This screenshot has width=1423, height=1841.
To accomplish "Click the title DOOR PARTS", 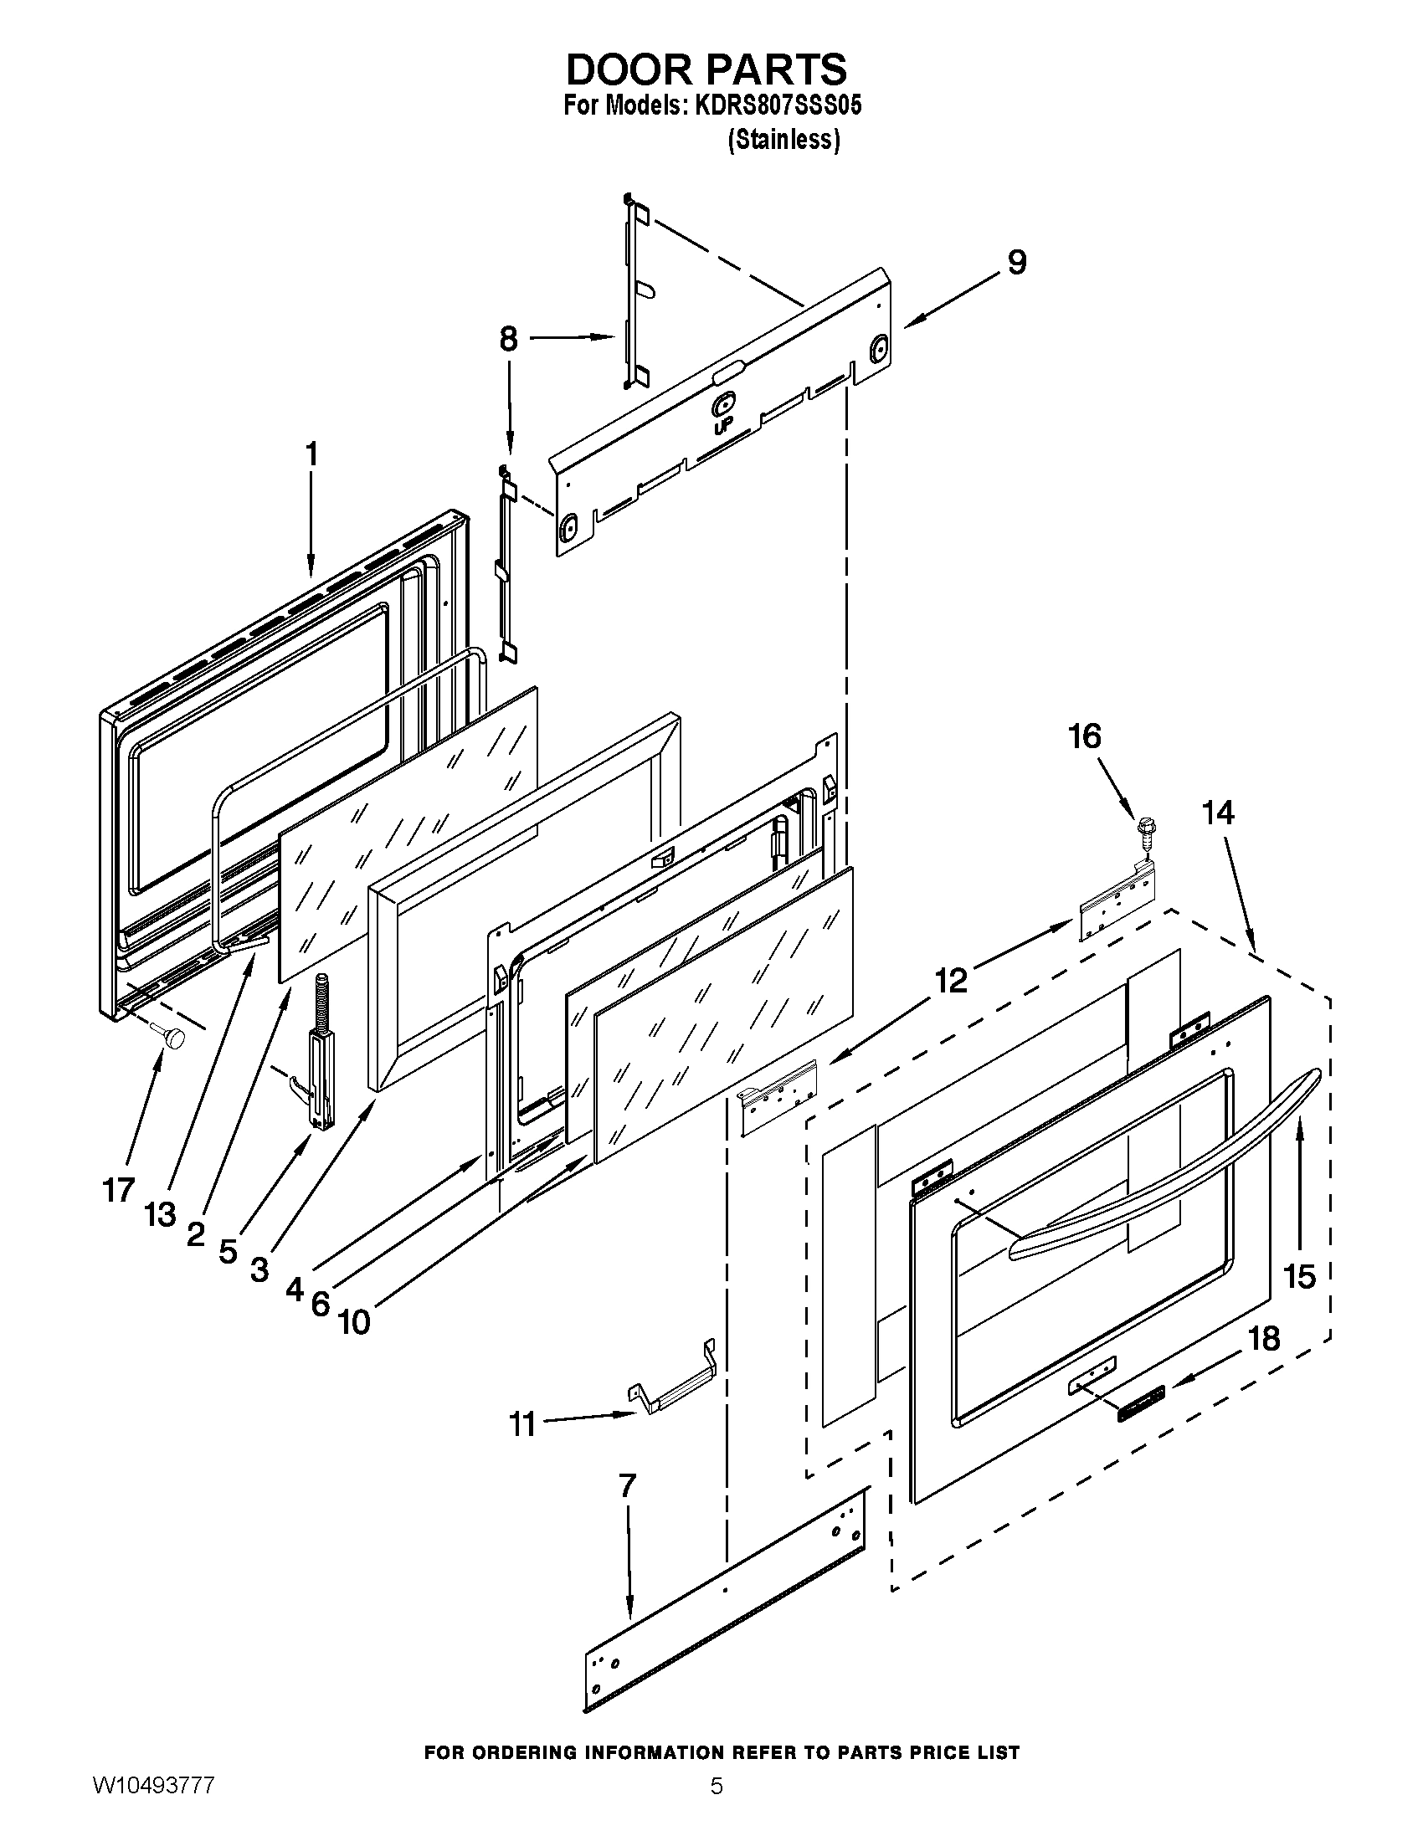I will point(706,69).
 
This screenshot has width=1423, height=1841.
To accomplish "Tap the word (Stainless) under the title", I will point(783,140).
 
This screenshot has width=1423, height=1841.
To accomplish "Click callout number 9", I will point(1017,262).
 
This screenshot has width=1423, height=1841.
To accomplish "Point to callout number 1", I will point(311,454).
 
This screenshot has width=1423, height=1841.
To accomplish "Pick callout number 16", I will point(1085,736).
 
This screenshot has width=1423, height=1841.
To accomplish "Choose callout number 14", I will point(1218,813).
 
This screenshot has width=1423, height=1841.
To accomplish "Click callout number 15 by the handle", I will point(1299,1276).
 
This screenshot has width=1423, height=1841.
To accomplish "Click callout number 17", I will point(118,1189).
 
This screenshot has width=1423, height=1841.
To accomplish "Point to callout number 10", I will point(354,1321).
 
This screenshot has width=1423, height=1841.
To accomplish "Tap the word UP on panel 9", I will point(722,428).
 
